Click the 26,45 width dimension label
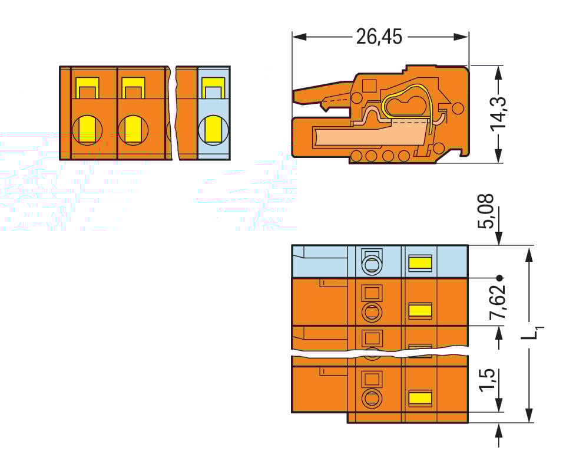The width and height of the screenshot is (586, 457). tap(379, 37)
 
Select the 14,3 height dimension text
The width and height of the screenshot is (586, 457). tap(499, 113)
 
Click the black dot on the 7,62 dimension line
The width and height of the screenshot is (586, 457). tap(499, 277)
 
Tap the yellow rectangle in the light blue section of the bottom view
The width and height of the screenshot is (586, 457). tap(420, 262)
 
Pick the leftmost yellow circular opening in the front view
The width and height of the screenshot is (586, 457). tap(87, 129)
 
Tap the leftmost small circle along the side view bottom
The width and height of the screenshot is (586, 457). tap(356, 156)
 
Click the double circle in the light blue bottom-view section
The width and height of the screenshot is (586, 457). tap(371, 265)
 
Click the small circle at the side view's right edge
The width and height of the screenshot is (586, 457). tap(458, 108)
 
